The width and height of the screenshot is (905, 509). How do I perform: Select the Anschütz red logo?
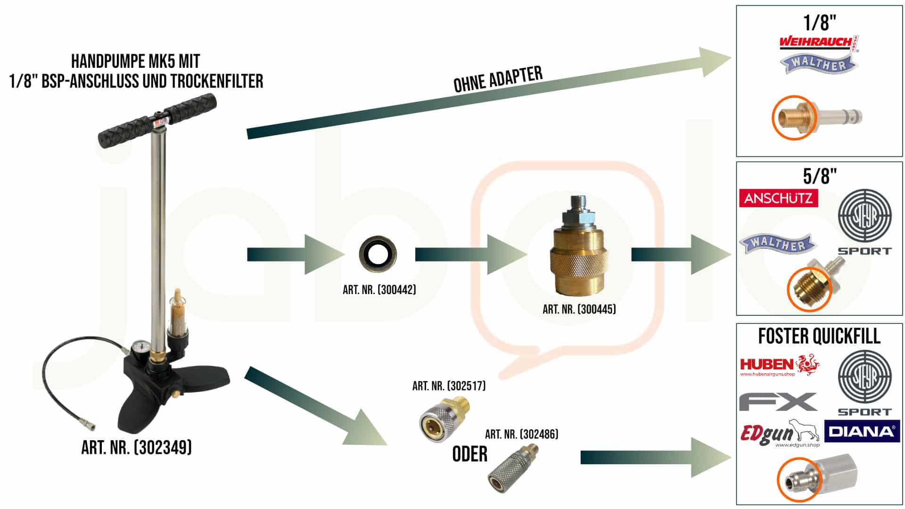pyautogui.click(x=778, y=198)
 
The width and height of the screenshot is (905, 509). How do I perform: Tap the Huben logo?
pyautogui.click(x=779, y=365)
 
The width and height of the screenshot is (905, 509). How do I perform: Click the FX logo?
pyautogui.click(x=778, y=402)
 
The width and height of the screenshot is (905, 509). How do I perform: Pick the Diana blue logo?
pyautogui.click(x=862, y=431)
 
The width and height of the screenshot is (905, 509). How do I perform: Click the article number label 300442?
pyautogui.click(x=379, y=290)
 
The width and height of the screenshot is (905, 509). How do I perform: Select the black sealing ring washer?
pyautogui.click(x=378, y=254)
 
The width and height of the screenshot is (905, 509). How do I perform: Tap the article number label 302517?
pyautogui.click(x=449, y=386)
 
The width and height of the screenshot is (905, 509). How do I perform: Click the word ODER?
pyautogui.click(x=469, y=454)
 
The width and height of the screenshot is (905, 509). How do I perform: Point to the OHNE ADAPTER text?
pyautogui.click(x=498, y=79)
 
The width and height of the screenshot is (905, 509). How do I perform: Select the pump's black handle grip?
pyautogui.click(x=158, y=120)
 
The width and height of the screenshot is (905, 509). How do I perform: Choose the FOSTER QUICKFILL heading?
pyautogui.click(x=819, y=337)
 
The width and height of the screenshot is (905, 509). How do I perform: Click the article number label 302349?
pyautogui.click(x=136, y=447)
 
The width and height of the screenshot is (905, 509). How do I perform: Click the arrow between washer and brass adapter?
pyautogui.click(x=471, y=254)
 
